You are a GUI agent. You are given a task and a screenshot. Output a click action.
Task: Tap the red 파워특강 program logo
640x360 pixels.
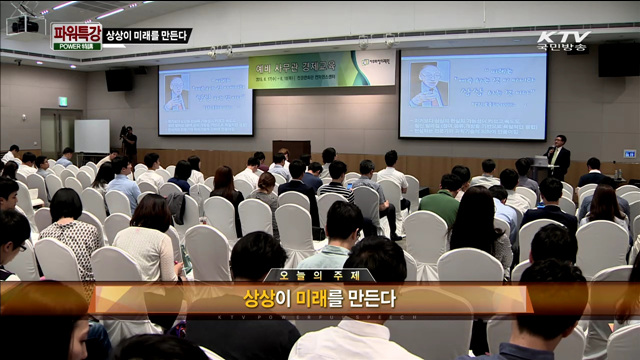pos(76,36)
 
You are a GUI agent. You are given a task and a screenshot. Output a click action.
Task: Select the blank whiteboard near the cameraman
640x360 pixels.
pos(91,136)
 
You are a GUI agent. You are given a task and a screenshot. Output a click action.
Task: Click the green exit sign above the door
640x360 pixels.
pos(62,101)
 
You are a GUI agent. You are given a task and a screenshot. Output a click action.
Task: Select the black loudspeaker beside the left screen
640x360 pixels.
pos(119,79)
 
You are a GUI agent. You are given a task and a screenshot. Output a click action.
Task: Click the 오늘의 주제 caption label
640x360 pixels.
pos(319,276)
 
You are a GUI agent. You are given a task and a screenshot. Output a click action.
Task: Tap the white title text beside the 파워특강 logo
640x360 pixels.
pos(146,36)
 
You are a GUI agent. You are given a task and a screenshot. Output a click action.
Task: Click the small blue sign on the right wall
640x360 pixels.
pos(629,154)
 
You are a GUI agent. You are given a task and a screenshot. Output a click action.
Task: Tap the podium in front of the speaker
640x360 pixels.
pos(540,167)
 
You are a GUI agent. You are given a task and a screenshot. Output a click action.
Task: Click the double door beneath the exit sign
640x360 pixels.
pos(61,131)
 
